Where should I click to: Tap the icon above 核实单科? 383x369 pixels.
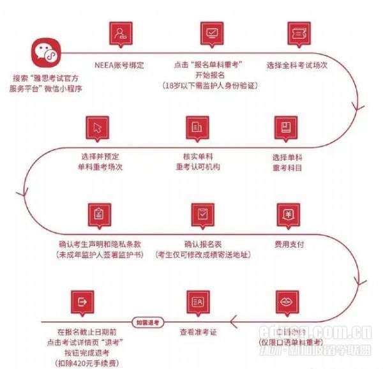point(198,128)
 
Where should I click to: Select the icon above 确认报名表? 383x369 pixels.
point(202,215)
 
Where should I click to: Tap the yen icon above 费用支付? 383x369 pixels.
point(288,214)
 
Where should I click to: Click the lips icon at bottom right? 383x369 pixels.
point(287,301)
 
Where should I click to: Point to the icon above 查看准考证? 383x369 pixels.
point(198,301)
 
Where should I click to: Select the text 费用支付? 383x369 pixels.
point(288,245)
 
